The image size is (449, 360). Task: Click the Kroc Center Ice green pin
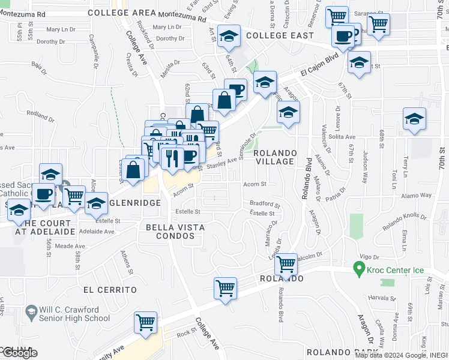tap(360, 268)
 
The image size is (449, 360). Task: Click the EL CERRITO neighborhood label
tap(110, 290)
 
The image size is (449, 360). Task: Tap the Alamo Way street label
tap(418, 196)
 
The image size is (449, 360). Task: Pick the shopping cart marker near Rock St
tap(146, 322)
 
